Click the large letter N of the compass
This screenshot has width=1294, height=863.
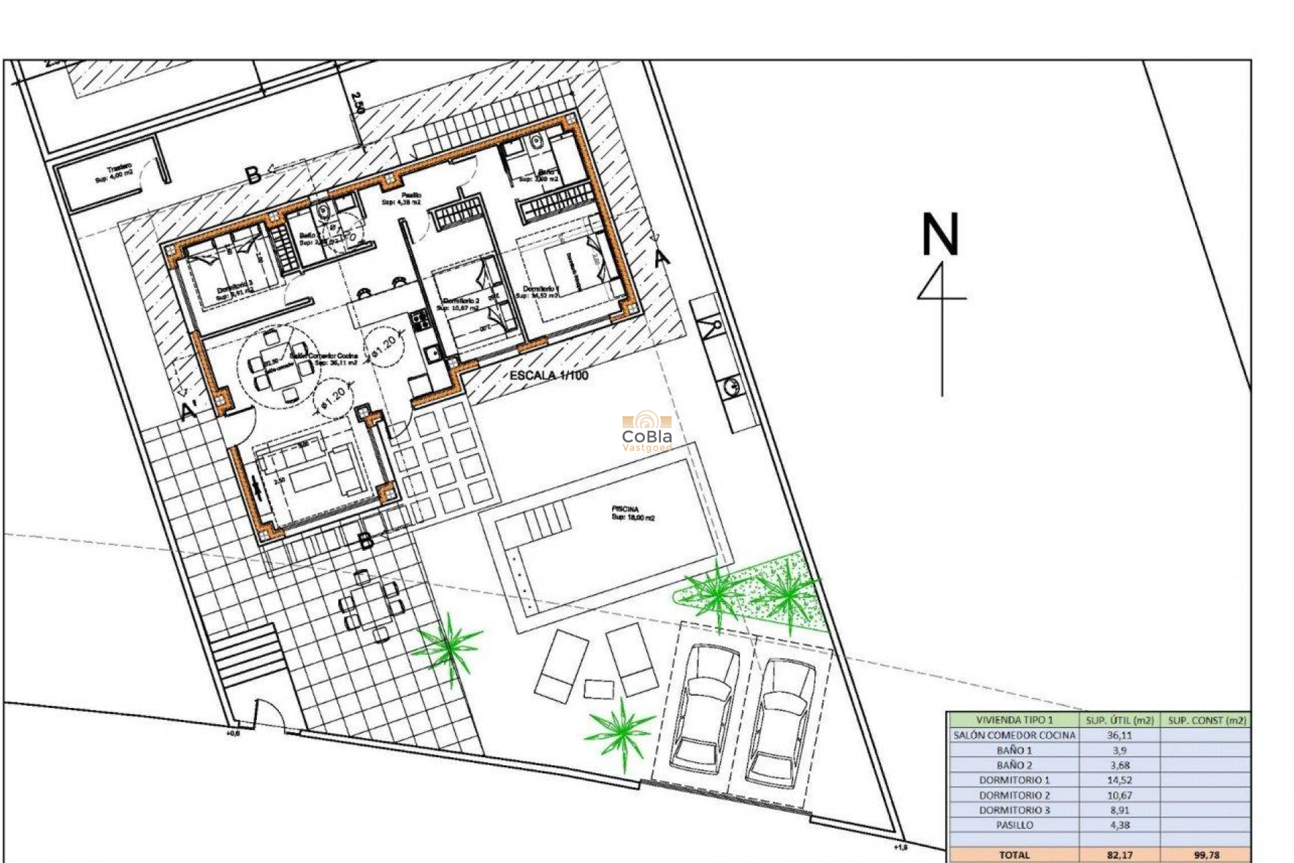tap(940, 235)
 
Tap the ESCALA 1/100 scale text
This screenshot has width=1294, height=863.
tap(549, 376)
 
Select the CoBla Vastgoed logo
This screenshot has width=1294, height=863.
tap(647, 431)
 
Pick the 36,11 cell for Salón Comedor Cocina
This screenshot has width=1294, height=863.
tap(1119, 736)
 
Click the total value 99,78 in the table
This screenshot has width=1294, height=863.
tap(1206, 855)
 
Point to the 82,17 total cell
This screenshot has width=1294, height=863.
tap(1119, 855)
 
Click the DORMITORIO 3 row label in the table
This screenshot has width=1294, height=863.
tap(1014, 810)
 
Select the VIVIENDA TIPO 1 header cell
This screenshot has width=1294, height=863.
tap(1014, 720)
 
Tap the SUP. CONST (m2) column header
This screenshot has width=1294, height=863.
tap(1206, 720)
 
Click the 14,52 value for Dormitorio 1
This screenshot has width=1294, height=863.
tap(1119, 780)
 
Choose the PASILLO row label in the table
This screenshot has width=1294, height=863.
tap(1014, 825)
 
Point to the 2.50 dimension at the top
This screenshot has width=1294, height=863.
tap(358, 101)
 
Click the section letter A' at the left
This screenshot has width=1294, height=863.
tap(190, 411)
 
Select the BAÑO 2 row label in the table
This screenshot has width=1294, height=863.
tap(1014, 765)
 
